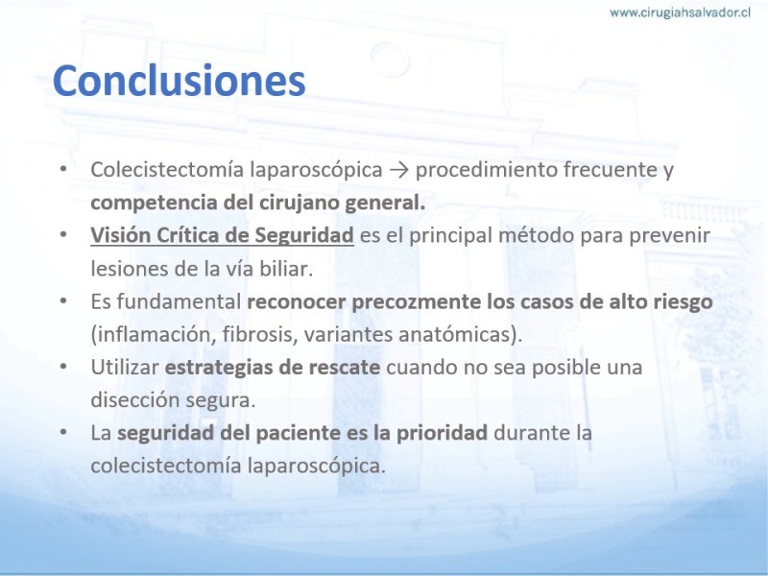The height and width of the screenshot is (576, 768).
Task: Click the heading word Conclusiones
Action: pos(179,80)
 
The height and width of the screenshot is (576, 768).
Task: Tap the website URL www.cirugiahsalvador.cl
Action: pos(681,12)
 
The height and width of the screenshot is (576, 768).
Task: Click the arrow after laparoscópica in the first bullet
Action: pos(399,171)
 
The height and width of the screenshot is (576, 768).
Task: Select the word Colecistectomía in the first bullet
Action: pos(167,170)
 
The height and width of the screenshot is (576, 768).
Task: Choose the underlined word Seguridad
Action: pos(304,236)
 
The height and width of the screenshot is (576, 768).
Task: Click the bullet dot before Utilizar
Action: pos(63,367)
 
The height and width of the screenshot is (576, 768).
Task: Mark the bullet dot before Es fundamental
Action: pos(63,300)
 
